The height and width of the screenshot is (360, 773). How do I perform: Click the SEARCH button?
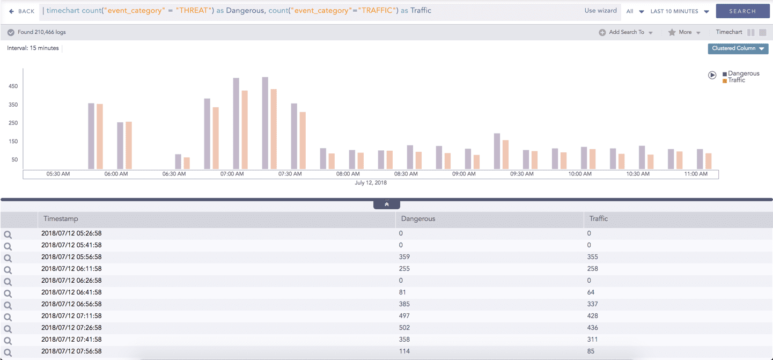742,11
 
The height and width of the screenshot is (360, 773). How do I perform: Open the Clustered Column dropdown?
738,48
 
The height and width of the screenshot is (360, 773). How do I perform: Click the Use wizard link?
600,11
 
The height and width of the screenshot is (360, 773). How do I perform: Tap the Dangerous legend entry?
743,74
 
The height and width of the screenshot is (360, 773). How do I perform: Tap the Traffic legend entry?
736,80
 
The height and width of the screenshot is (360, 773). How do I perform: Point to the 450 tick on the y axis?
13,86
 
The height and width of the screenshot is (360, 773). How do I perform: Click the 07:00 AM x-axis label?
232,174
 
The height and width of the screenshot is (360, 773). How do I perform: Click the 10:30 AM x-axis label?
637,174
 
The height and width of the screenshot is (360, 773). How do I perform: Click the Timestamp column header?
61,219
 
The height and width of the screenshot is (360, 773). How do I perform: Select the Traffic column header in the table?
599,219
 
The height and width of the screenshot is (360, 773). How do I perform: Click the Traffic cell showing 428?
593,316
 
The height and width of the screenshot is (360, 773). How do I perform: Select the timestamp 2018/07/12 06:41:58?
71,292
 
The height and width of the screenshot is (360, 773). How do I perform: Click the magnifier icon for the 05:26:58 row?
8,234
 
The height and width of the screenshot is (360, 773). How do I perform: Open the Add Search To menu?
626,32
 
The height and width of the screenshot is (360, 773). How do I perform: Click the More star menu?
684,32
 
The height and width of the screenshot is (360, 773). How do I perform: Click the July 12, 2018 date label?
371,183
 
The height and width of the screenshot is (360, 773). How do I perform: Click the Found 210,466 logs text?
41,32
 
